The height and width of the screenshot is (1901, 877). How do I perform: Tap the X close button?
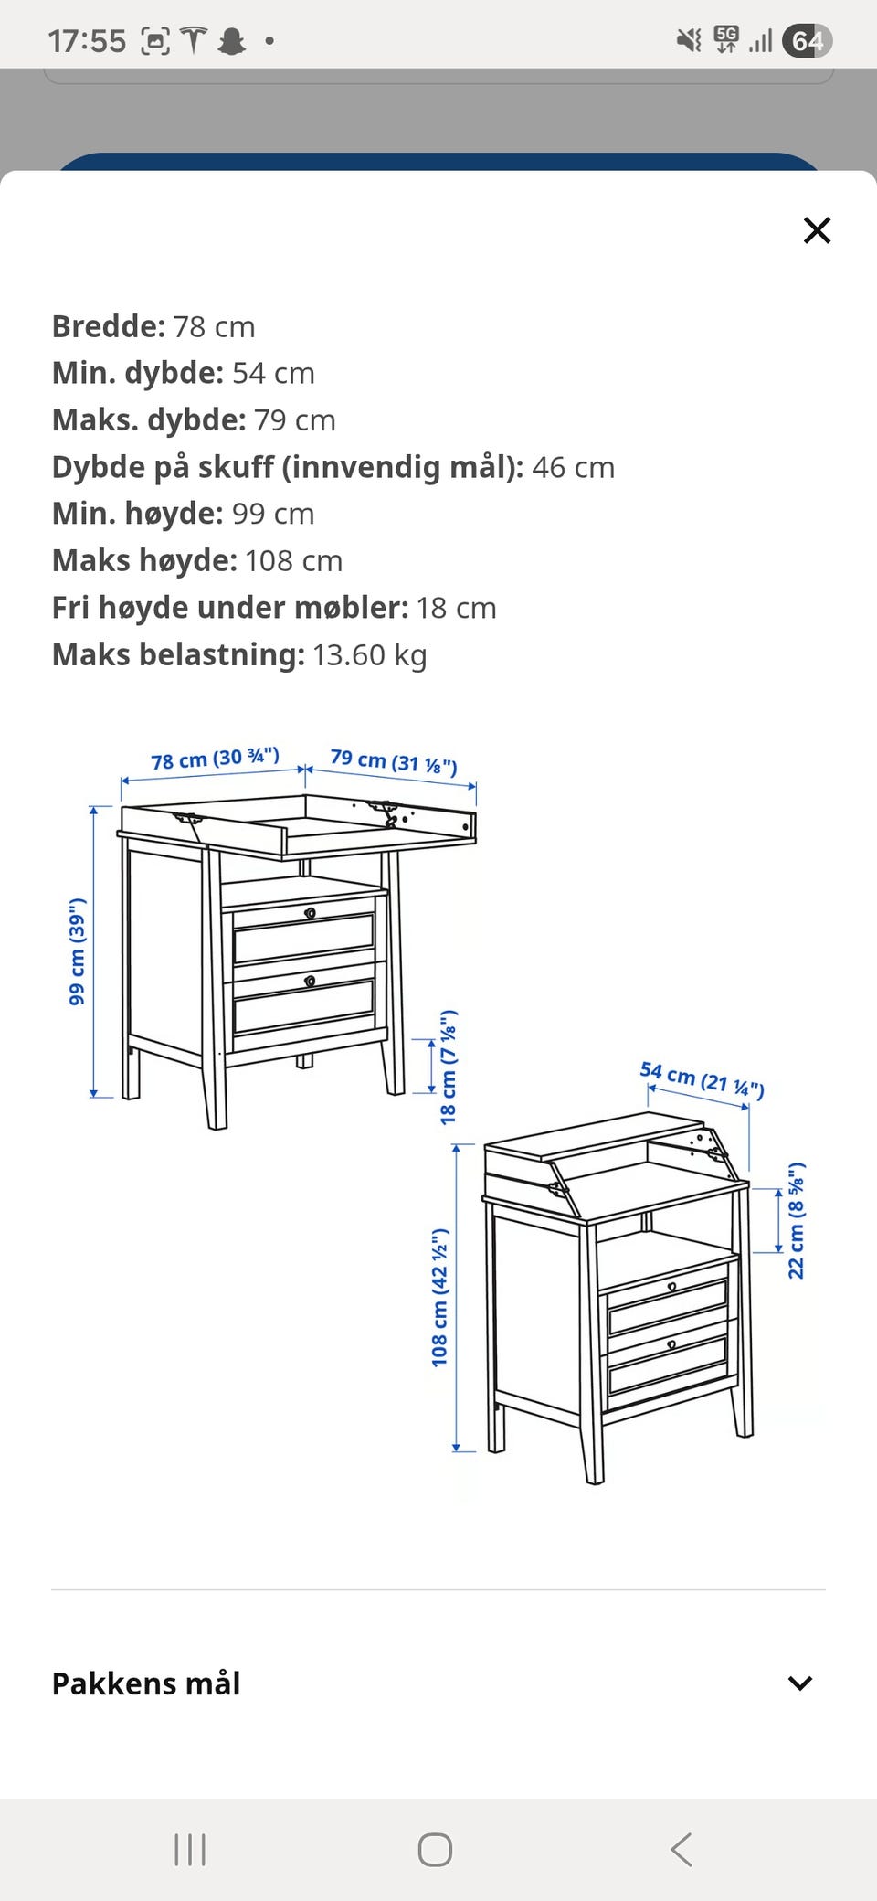pos(817,230)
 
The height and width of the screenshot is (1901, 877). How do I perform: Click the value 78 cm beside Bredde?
pos(214,326)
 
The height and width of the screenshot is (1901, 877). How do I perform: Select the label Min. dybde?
pos(138,373)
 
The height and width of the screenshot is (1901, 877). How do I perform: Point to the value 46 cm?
pos(574,467)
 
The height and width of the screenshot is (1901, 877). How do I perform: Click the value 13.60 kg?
pos(370,655)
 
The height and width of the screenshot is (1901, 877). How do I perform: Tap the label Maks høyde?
pos(144,561)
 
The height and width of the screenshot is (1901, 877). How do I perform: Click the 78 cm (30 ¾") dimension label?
pos(215,759)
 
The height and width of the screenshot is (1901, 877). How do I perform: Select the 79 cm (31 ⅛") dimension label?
pos(394,761)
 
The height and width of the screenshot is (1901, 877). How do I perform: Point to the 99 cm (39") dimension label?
pos(77,951)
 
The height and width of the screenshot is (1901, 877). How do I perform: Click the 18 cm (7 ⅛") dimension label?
pos(448,1067)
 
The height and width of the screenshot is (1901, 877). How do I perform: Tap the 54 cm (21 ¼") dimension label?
pos(702,1079)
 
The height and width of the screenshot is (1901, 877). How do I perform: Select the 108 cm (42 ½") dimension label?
pos(439,1298)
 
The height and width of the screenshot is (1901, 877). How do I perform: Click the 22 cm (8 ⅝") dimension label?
pos(796,1220)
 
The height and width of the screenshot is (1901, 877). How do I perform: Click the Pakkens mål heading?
pos(146,1683)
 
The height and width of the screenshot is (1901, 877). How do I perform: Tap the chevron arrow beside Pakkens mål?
pos(800,1683)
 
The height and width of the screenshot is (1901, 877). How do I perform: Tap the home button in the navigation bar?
pos(435,1850)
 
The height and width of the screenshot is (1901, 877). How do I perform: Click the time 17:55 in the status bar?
pos(87,41)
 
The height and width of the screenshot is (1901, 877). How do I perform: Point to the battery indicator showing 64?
pos(808,41)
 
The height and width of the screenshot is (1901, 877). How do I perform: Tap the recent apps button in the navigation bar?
pos(190,1850)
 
